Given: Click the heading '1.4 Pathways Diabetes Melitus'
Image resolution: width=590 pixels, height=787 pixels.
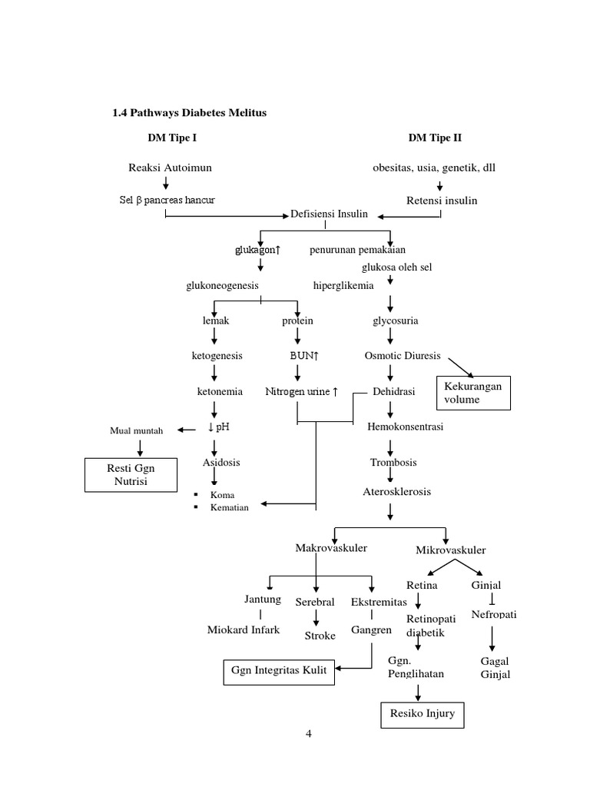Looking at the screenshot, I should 190,113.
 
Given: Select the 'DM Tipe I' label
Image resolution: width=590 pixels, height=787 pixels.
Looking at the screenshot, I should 177,138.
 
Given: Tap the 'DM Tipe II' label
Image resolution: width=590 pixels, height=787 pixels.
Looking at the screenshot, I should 435,138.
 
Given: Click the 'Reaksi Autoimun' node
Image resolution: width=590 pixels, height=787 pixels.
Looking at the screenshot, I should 170,168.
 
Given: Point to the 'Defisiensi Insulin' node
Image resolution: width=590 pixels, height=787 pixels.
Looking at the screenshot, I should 329,214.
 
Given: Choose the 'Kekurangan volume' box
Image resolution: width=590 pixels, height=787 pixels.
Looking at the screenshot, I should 472,393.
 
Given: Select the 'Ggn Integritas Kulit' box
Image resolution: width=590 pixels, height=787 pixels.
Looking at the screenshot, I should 279,670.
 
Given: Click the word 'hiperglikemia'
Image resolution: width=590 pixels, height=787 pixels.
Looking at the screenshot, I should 343,285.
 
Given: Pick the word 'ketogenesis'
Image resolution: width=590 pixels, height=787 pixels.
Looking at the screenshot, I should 217,356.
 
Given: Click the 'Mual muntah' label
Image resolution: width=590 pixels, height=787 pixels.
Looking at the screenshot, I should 137,430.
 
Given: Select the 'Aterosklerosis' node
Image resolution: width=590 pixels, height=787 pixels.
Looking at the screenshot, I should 397,492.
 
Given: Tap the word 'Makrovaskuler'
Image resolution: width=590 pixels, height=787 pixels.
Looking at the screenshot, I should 331,548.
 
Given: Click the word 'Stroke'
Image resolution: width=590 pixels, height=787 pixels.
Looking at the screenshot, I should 320,636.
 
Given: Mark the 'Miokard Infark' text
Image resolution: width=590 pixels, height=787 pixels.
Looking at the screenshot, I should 244,630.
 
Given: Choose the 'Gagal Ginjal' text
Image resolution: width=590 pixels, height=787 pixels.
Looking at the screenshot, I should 495,668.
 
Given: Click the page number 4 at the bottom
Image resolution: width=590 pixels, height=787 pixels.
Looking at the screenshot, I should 309,733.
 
